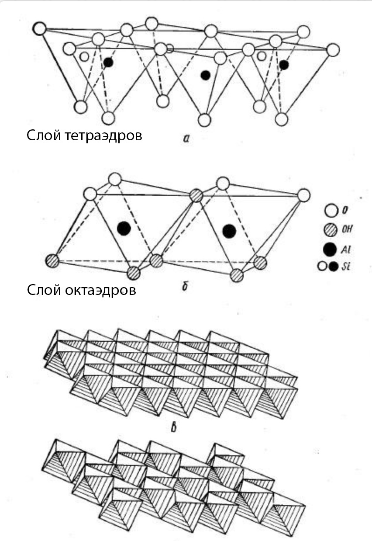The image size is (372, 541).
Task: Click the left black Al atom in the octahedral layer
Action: tap(124, 228)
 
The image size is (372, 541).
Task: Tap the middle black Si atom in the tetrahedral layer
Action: tap(205, 75)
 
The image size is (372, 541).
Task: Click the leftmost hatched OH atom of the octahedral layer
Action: tap(52, 260)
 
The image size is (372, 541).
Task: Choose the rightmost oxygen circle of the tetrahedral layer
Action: tap(333, 50)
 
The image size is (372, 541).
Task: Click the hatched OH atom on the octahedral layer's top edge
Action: tap(196, 195)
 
